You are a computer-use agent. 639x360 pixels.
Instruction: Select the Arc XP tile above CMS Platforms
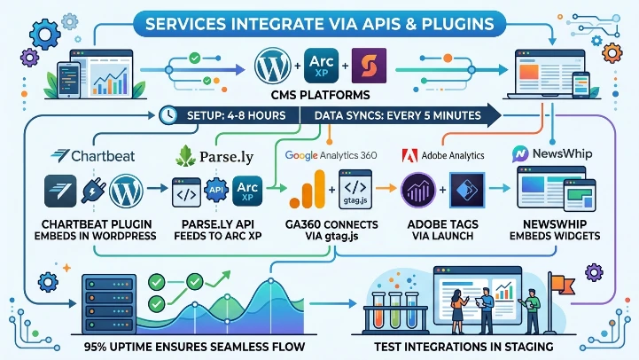click(321, 67)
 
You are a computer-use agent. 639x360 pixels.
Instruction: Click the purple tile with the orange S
click(368, 67)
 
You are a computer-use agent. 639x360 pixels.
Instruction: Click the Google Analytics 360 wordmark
click(331, 155)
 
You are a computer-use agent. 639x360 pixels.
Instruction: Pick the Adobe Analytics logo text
click(444, 155)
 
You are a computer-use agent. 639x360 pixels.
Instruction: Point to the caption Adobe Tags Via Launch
click(440, 233)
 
